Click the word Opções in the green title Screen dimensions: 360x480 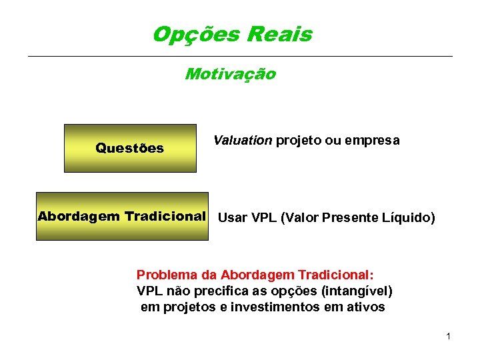[190, 34]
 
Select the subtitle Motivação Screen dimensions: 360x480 [230, 74]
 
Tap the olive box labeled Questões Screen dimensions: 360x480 [130, 148]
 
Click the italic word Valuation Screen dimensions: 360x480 [243, 141]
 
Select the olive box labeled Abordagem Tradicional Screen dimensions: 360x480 [122, 217]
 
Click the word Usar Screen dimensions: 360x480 [232, 217]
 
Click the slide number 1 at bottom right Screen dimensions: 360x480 [449, 336]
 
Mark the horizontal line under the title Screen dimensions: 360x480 [240, 56]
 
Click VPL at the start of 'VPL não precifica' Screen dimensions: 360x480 [149, 291]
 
